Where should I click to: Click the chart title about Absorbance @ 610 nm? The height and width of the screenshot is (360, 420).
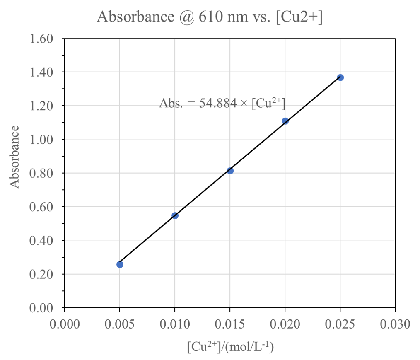[x=210, y=17]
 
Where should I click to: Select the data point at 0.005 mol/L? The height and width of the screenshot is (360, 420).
[x=120, y=264]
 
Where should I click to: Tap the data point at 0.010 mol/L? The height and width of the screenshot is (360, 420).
[x=175, y=215]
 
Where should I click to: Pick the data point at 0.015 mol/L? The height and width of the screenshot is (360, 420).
[x=230, y=171]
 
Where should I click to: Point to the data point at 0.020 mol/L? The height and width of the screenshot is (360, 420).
[x=285, y=121]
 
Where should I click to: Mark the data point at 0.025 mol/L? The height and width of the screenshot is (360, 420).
[x=340, y=77]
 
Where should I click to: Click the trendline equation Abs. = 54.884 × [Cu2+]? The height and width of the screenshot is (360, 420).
[x=223, y=104]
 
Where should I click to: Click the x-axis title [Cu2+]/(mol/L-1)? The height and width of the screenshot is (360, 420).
[x=230, y=346]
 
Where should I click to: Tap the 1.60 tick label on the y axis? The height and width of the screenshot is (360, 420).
[x=41, y=39]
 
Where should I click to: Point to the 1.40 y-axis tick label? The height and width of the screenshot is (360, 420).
[x=41, y=72]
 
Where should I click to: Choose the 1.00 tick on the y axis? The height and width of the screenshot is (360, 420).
[x=41, y=140]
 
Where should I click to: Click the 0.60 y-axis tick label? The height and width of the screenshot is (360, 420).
[x=41, y=207]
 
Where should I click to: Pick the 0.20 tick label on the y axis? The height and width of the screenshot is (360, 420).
[x=41, y=274]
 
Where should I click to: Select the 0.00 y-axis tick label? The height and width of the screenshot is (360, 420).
[x=41, y=308]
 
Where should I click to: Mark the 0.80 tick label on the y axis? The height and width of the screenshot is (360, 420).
[x=41, y=173]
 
